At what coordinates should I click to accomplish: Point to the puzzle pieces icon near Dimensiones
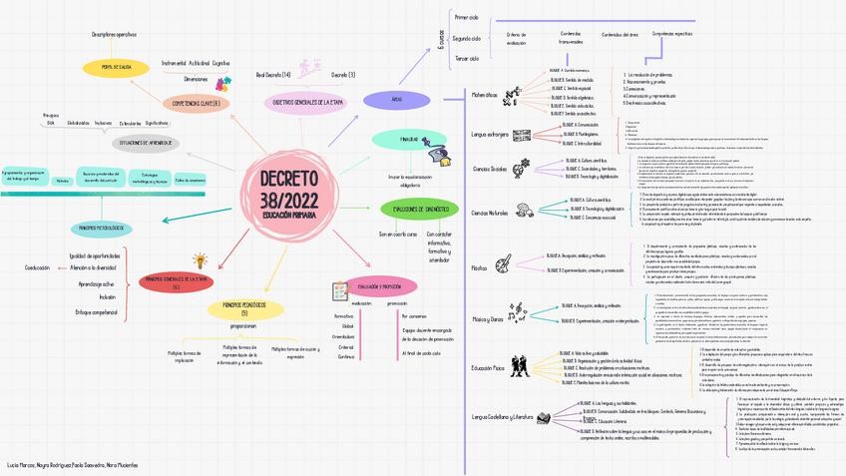tap(224, 81)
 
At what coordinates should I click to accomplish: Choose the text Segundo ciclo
tap(466, 38)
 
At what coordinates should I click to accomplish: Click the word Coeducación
tap(37, 267)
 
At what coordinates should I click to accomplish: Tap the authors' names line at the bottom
tap(72, 465)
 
